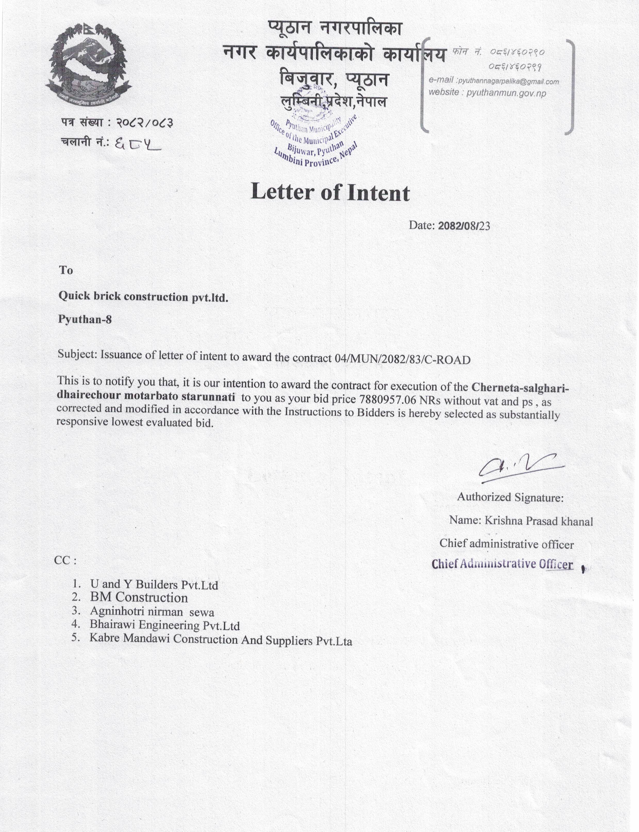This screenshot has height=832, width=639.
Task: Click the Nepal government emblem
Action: pyautogui.click(x=88, y=65)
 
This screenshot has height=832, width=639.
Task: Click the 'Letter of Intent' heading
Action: pyautogui.click(x=330, y=192)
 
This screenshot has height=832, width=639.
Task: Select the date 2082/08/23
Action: pyautogui.click(x=464, y=226)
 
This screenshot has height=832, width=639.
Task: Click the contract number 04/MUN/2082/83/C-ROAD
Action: pyautogui.click(x=403, y=359)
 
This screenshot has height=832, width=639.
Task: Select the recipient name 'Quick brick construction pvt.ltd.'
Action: pyautogui.click(x=143, y=297)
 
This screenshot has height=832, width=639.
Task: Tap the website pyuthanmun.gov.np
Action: pyautogui.click(x=506, y=93)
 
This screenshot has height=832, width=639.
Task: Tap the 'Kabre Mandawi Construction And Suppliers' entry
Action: pyautogui.click(x=221, y=639)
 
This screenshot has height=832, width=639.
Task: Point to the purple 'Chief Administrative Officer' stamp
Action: pyautogui.click(x=502, y=564)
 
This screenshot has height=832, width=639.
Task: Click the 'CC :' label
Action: pyautogui.click(x=65, y=560)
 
